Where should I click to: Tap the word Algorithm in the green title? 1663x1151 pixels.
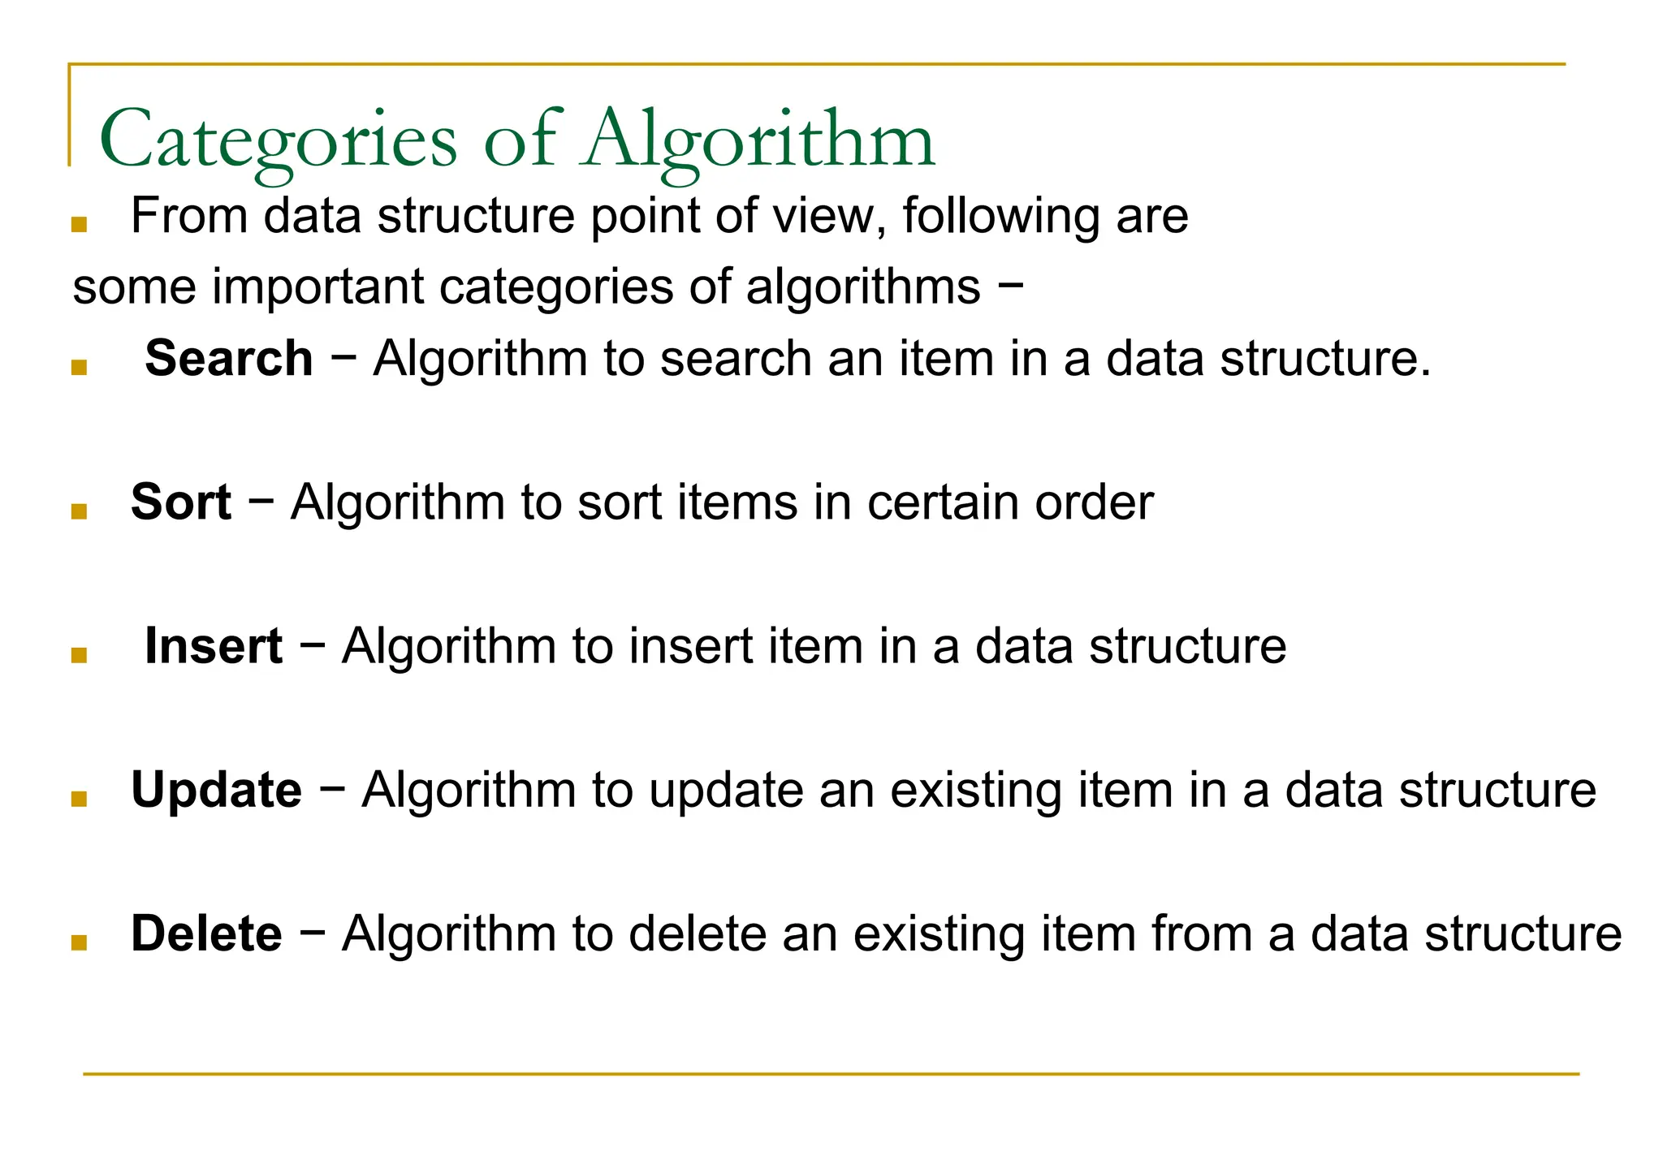coord(761,140)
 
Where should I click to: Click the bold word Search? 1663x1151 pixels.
coord(229,358)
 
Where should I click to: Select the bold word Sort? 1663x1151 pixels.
coord(181,502)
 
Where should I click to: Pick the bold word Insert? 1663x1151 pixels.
coord(214,646)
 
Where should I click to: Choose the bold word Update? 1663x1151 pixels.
coord(217,790)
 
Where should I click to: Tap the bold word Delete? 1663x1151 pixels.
coord(207,933)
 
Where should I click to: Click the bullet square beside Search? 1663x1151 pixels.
coord(79,368)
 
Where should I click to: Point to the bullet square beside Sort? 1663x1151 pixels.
coord(79,511)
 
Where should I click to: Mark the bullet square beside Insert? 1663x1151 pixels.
coord(79,655)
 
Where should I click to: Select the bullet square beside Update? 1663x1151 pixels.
coord(79,799)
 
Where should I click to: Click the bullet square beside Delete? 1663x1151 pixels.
coord(79,942)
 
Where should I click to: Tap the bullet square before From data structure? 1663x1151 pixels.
coord(79,225)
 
